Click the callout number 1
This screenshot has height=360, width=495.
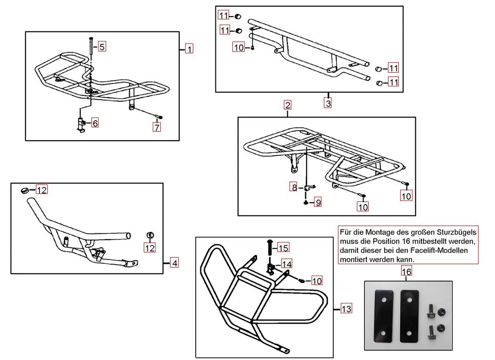(x=189, y=49)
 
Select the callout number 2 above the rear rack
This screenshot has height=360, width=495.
(x=288, y=105)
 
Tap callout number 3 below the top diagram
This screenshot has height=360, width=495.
(x=328, y=102)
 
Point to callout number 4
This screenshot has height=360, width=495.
(x=174, y=263)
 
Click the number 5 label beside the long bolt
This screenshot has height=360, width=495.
(x=102, y=46)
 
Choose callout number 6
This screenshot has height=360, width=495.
(x=95, y=124)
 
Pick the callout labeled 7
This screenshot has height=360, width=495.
(x=157, y=126)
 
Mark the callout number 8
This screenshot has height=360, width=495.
(x=294, y=187)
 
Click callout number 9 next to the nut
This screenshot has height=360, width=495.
(x=318, y=202)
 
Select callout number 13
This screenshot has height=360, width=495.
(x=346, y=309)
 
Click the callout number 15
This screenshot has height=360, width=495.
(x=283, y=248)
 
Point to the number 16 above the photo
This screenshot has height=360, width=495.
(x=406, y=271)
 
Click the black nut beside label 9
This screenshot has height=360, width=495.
(x=306, y=202)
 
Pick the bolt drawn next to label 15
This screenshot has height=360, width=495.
(x=270, y=246)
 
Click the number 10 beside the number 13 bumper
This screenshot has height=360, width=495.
(x=317, y=281)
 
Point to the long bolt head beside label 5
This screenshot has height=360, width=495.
(x=91, y=39)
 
